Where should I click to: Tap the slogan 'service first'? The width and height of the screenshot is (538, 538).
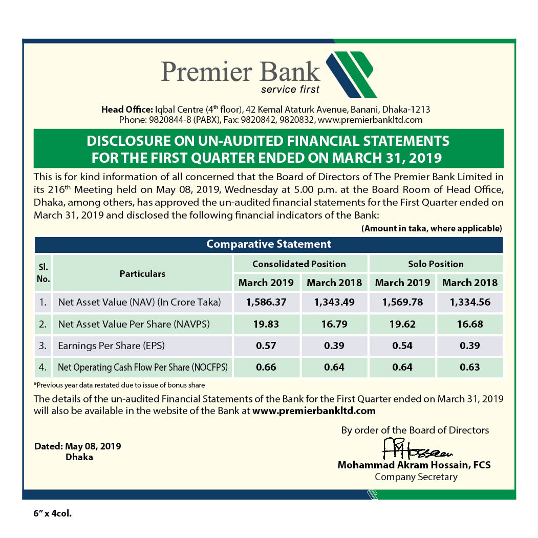(290, 90)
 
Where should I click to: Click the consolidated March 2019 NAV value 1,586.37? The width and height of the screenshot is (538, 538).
(266, 302)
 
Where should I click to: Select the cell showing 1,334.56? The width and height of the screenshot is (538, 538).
(470, 302)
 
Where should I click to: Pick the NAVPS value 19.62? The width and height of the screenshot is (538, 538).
(402, 324)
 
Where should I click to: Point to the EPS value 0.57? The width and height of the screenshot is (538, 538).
(266, 346)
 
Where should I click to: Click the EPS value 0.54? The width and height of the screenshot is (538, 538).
(402, 346)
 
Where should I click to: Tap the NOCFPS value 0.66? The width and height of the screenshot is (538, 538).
(266, 367)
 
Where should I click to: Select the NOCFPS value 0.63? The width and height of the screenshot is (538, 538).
(470, 367)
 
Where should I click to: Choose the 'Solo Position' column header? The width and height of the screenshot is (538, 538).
(436, 264)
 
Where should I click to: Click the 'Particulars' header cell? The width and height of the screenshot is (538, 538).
(142, 274)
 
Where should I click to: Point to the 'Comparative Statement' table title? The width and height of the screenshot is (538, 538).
(269, 244)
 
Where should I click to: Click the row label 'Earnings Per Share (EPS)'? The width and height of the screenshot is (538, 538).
(112, 346)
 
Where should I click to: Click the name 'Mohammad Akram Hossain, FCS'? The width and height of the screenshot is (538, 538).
(414, 465)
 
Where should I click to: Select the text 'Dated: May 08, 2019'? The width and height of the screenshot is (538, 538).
(78, 446)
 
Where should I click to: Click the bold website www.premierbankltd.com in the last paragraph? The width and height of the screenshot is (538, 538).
(314, 411)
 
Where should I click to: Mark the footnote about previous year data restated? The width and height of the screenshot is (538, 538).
(119, 385)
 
